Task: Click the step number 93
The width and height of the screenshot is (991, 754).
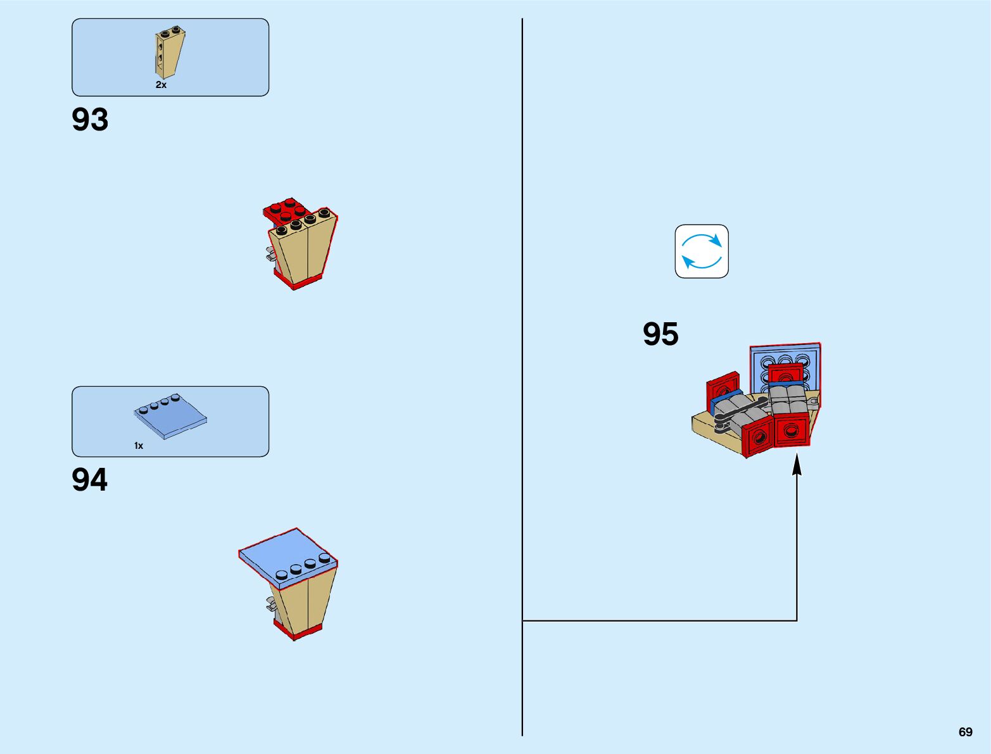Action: pyautogui.click(x=90, y=120)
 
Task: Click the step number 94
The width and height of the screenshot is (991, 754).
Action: pyautogui.click(x=89, y=480)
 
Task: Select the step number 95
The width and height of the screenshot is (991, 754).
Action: pyautogui.click(x=660, y=334)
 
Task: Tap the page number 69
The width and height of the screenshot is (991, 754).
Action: pyautogui.click(x=965, y=732)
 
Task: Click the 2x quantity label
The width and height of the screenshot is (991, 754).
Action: pyautogui.click(x=161, y=85)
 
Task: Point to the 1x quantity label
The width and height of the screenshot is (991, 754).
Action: pyautogui.click(x=139, y=446)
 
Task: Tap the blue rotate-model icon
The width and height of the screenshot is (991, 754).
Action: pyautogui.click(x=702, y=251)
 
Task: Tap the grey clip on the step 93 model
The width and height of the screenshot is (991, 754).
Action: pyautogui.click(x=270, y=254)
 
